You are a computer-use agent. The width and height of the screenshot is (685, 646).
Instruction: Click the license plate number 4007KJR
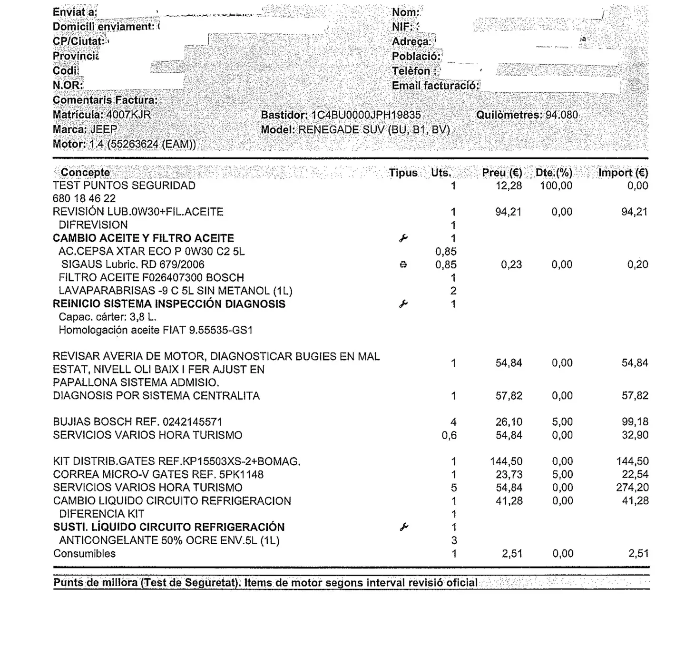(128, 115)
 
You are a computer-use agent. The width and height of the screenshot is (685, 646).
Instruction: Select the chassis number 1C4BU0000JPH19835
(366, 115)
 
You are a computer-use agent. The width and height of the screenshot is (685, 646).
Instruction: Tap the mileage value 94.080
(562, 115)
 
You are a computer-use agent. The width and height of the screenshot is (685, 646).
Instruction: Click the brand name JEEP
(104, 129)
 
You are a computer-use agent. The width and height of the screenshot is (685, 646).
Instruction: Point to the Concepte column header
(85, 173)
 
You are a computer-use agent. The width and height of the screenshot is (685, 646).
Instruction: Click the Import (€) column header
(623, 173)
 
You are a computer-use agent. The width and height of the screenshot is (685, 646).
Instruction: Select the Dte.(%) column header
(554, 173)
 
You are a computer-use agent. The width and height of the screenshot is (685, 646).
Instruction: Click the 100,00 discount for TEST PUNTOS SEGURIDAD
(556, 186)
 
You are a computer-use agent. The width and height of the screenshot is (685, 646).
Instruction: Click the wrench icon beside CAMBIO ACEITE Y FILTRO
(403, 238)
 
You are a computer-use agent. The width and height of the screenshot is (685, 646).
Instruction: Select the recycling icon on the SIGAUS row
(403, 265)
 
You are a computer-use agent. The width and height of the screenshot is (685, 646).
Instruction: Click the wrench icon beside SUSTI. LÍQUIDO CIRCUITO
(403, 527)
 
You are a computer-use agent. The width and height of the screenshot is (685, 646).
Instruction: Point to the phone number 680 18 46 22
(84, 198)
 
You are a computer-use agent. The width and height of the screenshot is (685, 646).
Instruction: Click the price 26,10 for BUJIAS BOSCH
(509, 422)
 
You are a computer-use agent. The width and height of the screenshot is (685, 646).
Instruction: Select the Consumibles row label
(84, 554)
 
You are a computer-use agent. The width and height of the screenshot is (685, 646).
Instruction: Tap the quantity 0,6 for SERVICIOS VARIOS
(449, 435)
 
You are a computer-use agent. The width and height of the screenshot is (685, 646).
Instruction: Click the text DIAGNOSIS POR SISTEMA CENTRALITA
(156, 396)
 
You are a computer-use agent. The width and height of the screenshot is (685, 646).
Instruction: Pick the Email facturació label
(435, 86)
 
